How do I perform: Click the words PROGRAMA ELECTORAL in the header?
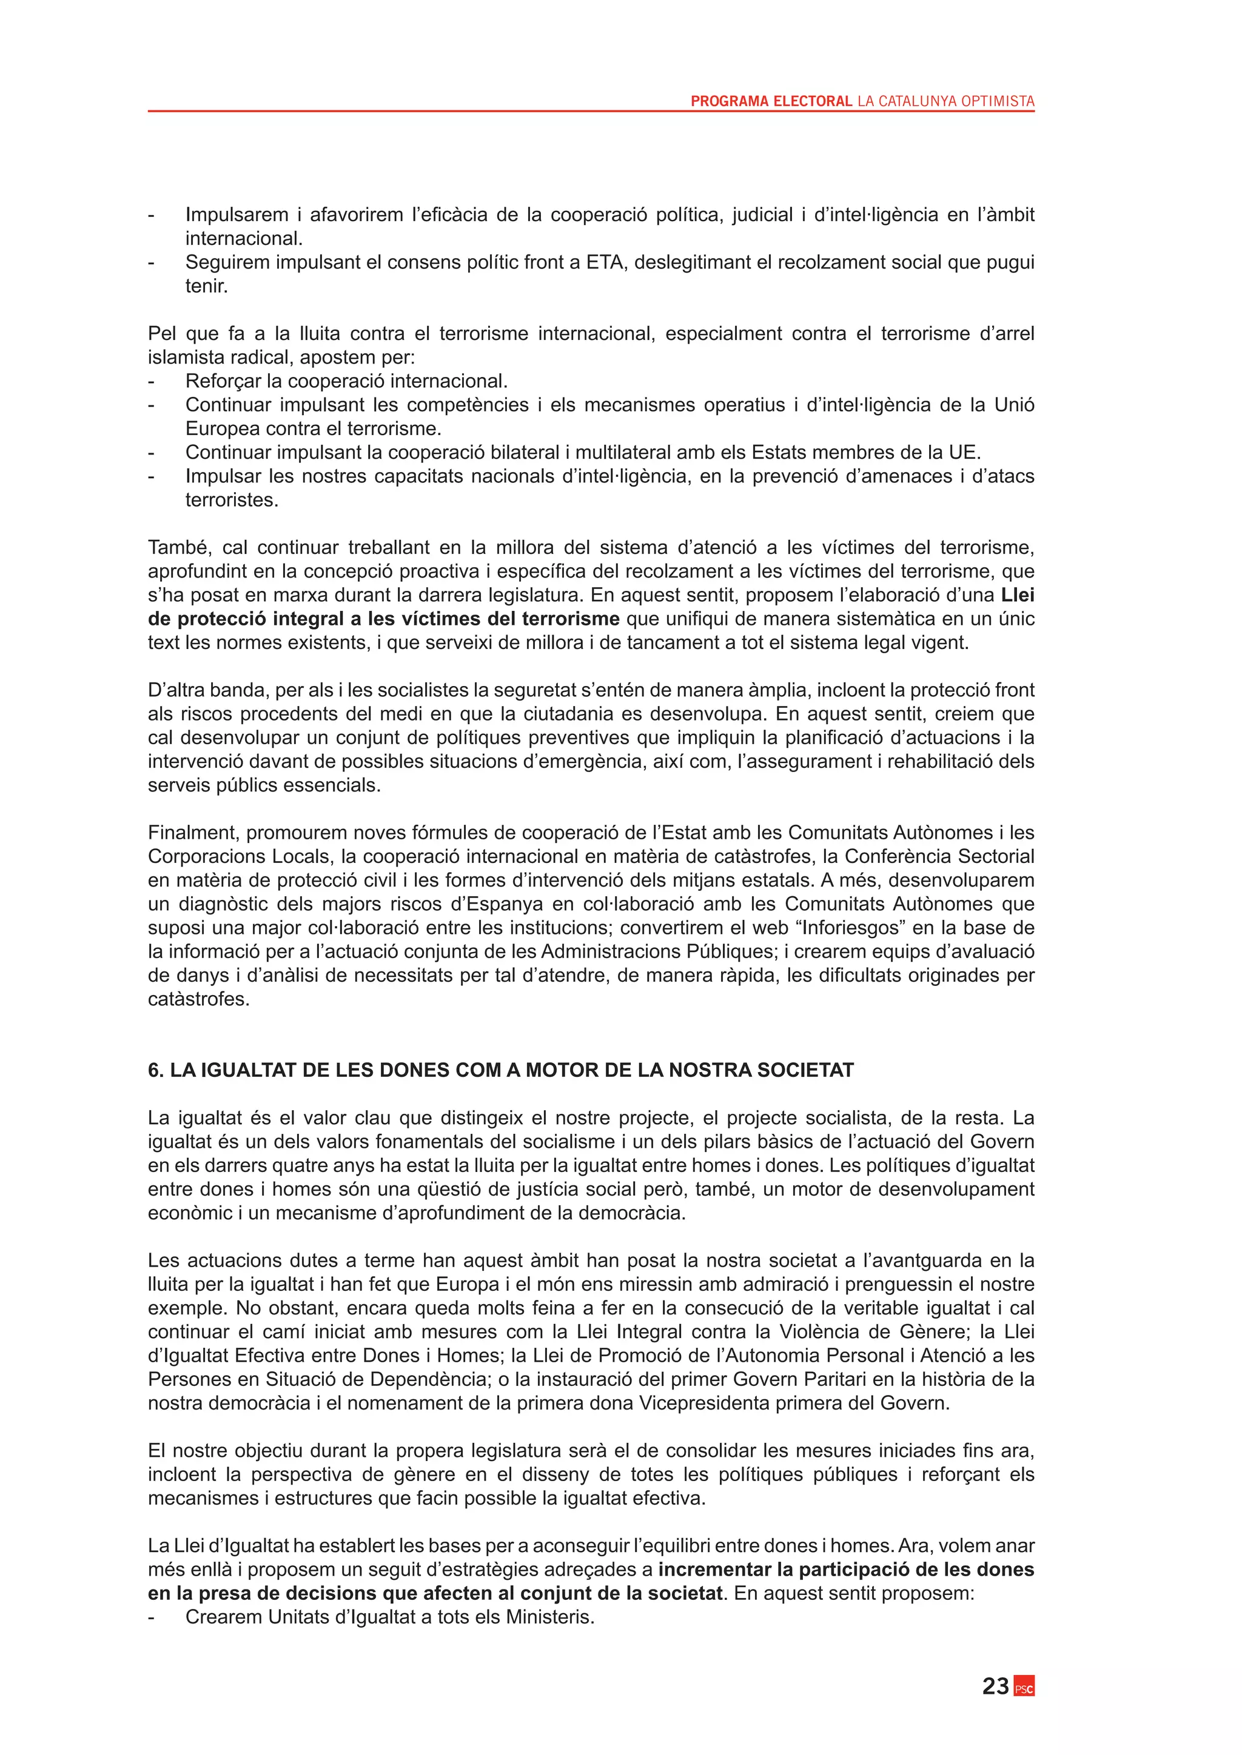[771, 101]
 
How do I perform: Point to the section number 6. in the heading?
[155, 1070]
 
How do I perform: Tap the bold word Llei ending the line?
[1017, 594]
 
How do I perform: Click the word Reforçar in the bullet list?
[223, 381]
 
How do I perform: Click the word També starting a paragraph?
[180, 547]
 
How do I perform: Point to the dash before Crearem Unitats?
[152, 1617]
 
